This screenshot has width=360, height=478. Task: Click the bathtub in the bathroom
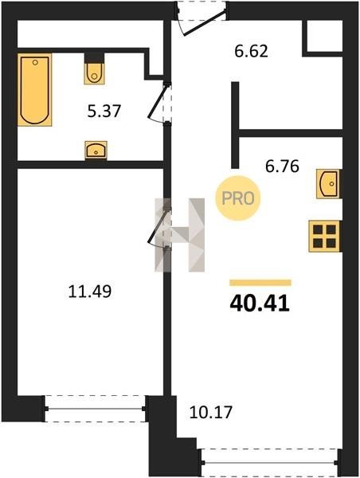pos(35,89)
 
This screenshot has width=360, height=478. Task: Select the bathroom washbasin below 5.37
pos(96,150)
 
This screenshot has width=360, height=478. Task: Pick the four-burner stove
pos(325,237)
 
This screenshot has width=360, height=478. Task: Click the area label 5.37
pos(104,111)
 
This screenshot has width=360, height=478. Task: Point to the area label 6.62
pos(251,51)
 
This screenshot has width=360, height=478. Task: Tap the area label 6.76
pos(282,167)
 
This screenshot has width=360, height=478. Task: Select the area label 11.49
pos(90,291)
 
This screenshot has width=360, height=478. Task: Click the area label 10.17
pos(210,412)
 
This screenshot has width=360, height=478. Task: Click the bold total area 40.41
pos(260,304)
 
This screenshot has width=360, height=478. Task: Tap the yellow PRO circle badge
pos(238,198)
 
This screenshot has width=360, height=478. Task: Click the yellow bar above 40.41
pos(260,283)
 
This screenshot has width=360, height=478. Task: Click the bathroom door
pos(160,102)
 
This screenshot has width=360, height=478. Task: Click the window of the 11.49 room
pos(95,409)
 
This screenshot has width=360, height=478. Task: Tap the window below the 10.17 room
pos(269,462)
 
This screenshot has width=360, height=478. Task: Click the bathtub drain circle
pos(35,62)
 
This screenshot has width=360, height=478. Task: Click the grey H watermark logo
pos(179,235)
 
